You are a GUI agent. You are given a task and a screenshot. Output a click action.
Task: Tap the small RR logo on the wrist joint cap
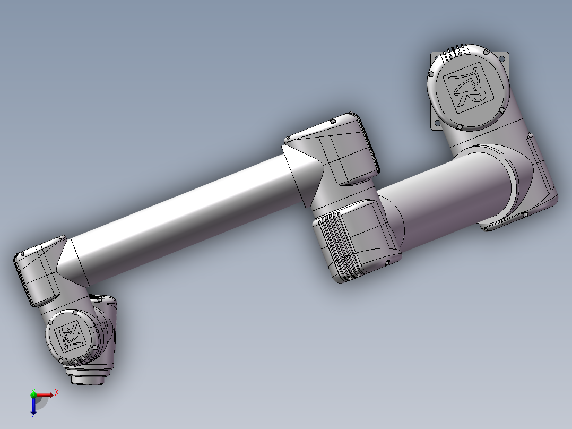point(70,338)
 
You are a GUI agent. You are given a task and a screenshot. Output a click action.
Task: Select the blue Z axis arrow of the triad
point(33,406)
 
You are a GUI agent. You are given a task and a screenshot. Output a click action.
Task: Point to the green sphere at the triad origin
point(33,394)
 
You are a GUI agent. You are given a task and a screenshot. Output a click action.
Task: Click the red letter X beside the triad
point(56,392)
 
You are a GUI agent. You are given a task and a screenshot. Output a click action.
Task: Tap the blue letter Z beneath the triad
point(33,416)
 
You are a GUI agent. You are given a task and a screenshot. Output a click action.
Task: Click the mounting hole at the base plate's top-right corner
point(502,55)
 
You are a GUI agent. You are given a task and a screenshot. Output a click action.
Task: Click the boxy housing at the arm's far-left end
point(37,273)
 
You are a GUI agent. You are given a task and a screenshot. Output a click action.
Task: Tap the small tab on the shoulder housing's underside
point(524,214)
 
